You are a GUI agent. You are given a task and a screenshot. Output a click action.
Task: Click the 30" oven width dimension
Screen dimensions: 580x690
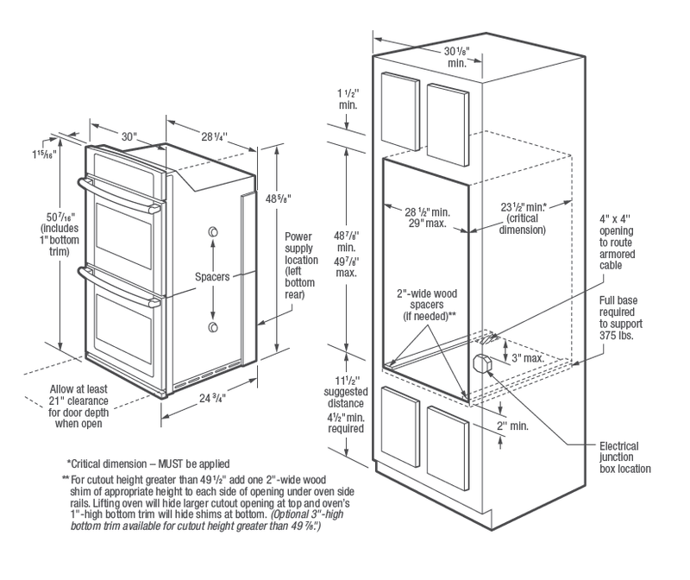tap(129, 136)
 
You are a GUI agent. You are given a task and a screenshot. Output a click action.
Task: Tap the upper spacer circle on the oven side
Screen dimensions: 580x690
tap(212, 233)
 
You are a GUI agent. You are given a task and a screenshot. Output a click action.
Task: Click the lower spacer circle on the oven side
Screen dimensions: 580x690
tap(212, 328)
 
